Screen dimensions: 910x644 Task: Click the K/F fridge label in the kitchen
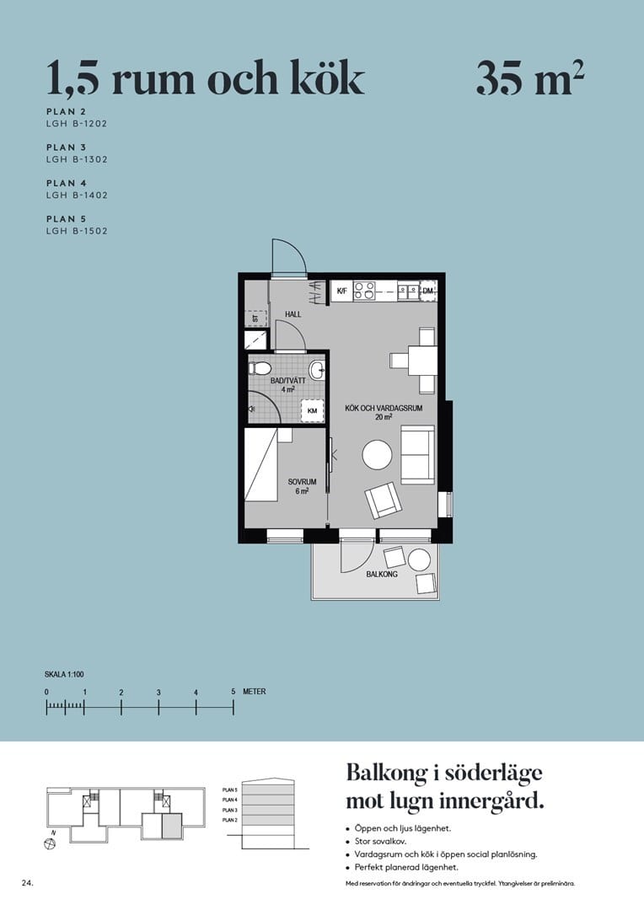tap(342, 292)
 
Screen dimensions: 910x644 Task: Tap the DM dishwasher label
tap(428, 292)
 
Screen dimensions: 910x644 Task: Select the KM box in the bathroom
tap(312, 410)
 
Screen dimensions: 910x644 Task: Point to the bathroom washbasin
tap(317, 370)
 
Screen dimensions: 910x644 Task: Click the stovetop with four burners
tap(364, 291)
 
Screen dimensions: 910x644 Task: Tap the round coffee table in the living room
tap(377, 456)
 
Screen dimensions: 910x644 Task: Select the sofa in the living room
tap(417, 454)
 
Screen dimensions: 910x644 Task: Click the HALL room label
tap(292, 314)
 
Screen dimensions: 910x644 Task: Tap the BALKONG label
tap(382, 575)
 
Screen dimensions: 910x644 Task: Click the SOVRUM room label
tap(301, 482)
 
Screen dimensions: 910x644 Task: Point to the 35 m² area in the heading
tap(530, 80)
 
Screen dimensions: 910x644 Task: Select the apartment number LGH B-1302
tap(77, 159)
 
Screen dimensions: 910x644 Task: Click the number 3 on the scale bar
tap(158, 693)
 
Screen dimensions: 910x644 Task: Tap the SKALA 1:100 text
tap(64, 674)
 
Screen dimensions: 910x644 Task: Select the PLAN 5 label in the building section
tap(229, 790)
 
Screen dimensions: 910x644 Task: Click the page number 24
tap(27, 883)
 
